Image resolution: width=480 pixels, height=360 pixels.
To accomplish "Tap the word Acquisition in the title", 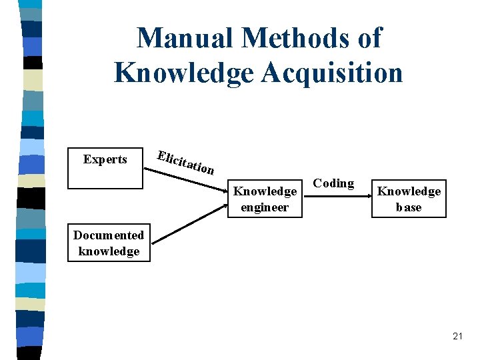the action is (331, 73).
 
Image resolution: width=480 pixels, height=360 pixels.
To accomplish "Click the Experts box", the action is (105, 167).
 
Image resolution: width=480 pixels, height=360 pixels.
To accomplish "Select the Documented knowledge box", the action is (109, 243).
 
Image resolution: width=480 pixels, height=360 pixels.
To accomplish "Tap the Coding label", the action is (333, 183).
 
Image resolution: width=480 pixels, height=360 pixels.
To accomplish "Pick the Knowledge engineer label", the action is (265, 199).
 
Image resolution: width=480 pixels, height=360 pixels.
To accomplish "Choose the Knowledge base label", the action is (409, 199).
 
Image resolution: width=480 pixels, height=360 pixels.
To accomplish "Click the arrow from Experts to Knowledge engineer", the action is (187, 179).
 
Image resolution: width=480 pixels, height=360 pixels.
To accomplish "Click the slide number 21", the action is (457, 337).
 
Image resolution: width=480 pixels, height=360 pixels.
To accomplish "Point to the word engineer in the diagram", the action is (265, 207).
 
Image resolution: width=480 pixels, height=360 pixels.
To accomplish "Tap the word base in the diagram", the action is (409, 207).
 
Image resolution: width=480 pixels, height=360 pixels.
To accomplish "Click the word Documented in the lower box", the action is (109, 235).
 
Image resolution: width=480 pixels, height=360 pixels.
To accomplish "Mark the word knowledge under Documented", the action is (109, 251).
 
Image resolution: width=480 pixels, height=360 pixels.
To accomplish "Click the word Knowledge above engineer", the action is (265, 192).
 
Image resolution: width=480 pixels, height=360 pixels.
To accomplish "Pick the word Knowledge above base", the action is (409, 192).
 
